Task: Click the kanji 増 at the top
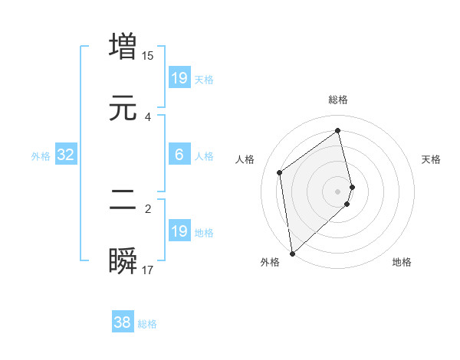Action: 123,46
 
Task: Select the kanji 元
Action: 123,108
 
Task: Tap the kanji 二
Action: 123,200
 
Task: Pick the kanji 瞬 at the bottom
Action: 123,261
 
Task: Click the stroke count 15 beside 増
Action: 148,55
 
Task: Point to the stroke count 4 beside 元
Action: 148,116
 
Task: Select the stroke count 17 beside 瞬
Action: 148,270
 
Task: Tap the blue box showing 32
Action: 66,155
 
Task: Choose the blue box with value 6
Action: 179,155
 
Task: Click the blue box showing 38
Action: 123,323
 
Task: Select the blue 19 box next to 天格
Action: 179,78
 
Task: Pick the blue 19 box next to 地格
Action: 179,231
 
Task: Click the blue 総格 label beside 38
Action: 147,324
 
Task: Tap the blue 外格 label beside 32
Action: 41,156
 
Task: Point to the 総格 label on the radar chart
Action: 338,100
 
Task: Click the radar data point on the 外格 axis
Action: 292,254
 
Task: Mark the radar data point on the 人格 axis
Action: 280,172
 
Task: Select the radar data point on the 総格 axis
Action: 338,131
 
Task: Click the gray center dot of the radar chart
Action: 338,191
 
